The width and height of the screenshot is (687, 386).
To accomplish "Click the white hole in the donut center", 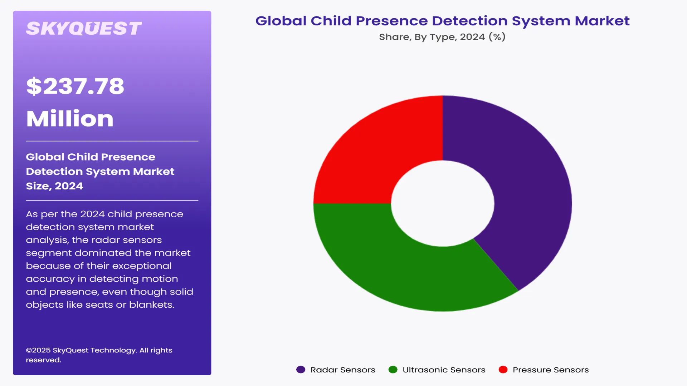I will coord(443,203).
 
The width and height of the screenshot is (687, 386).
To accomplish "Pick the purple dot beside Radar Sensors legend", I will coord(301,370).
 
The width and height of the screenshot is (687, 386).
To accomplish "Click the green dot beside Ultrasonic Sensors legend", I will coord(393,370).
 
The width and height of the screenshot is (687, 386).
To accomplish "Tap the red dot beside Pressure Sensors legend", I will coord(503,370).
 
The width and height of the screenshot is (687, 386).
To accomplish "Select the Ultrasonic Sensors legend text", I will coord(444,370).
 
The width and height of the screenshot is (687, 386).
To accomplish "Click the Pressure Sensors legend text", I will coord(550,370).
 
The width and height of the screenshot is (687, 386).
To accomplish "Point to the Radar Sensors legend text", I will coord(342,370).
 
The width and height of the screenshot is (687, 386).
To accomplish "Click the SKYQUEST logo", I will coord(84,29).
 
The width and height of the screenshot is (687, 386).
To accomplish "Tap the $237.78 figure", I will coord(75,86).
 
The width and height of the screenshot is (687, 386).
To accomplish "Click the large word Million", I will coord(70,119).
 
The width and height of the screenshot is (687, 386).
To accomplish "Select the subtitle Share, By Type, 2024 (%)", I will coord(442,37).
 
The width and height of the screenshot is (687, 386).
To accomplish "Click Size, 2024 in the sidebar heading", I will coord(54,186).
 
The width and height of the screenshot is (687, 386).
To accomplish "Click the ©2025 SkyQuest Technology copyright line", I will coord(99,350).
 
